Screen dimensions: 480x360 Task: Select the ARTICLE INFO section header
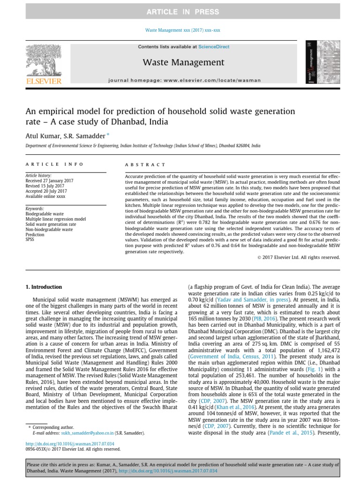coord(54,165)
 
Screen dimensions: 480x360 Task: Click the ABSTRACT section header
coord(145,165)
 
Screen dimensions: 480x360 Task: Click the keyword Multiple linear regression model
coord(55,219)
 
